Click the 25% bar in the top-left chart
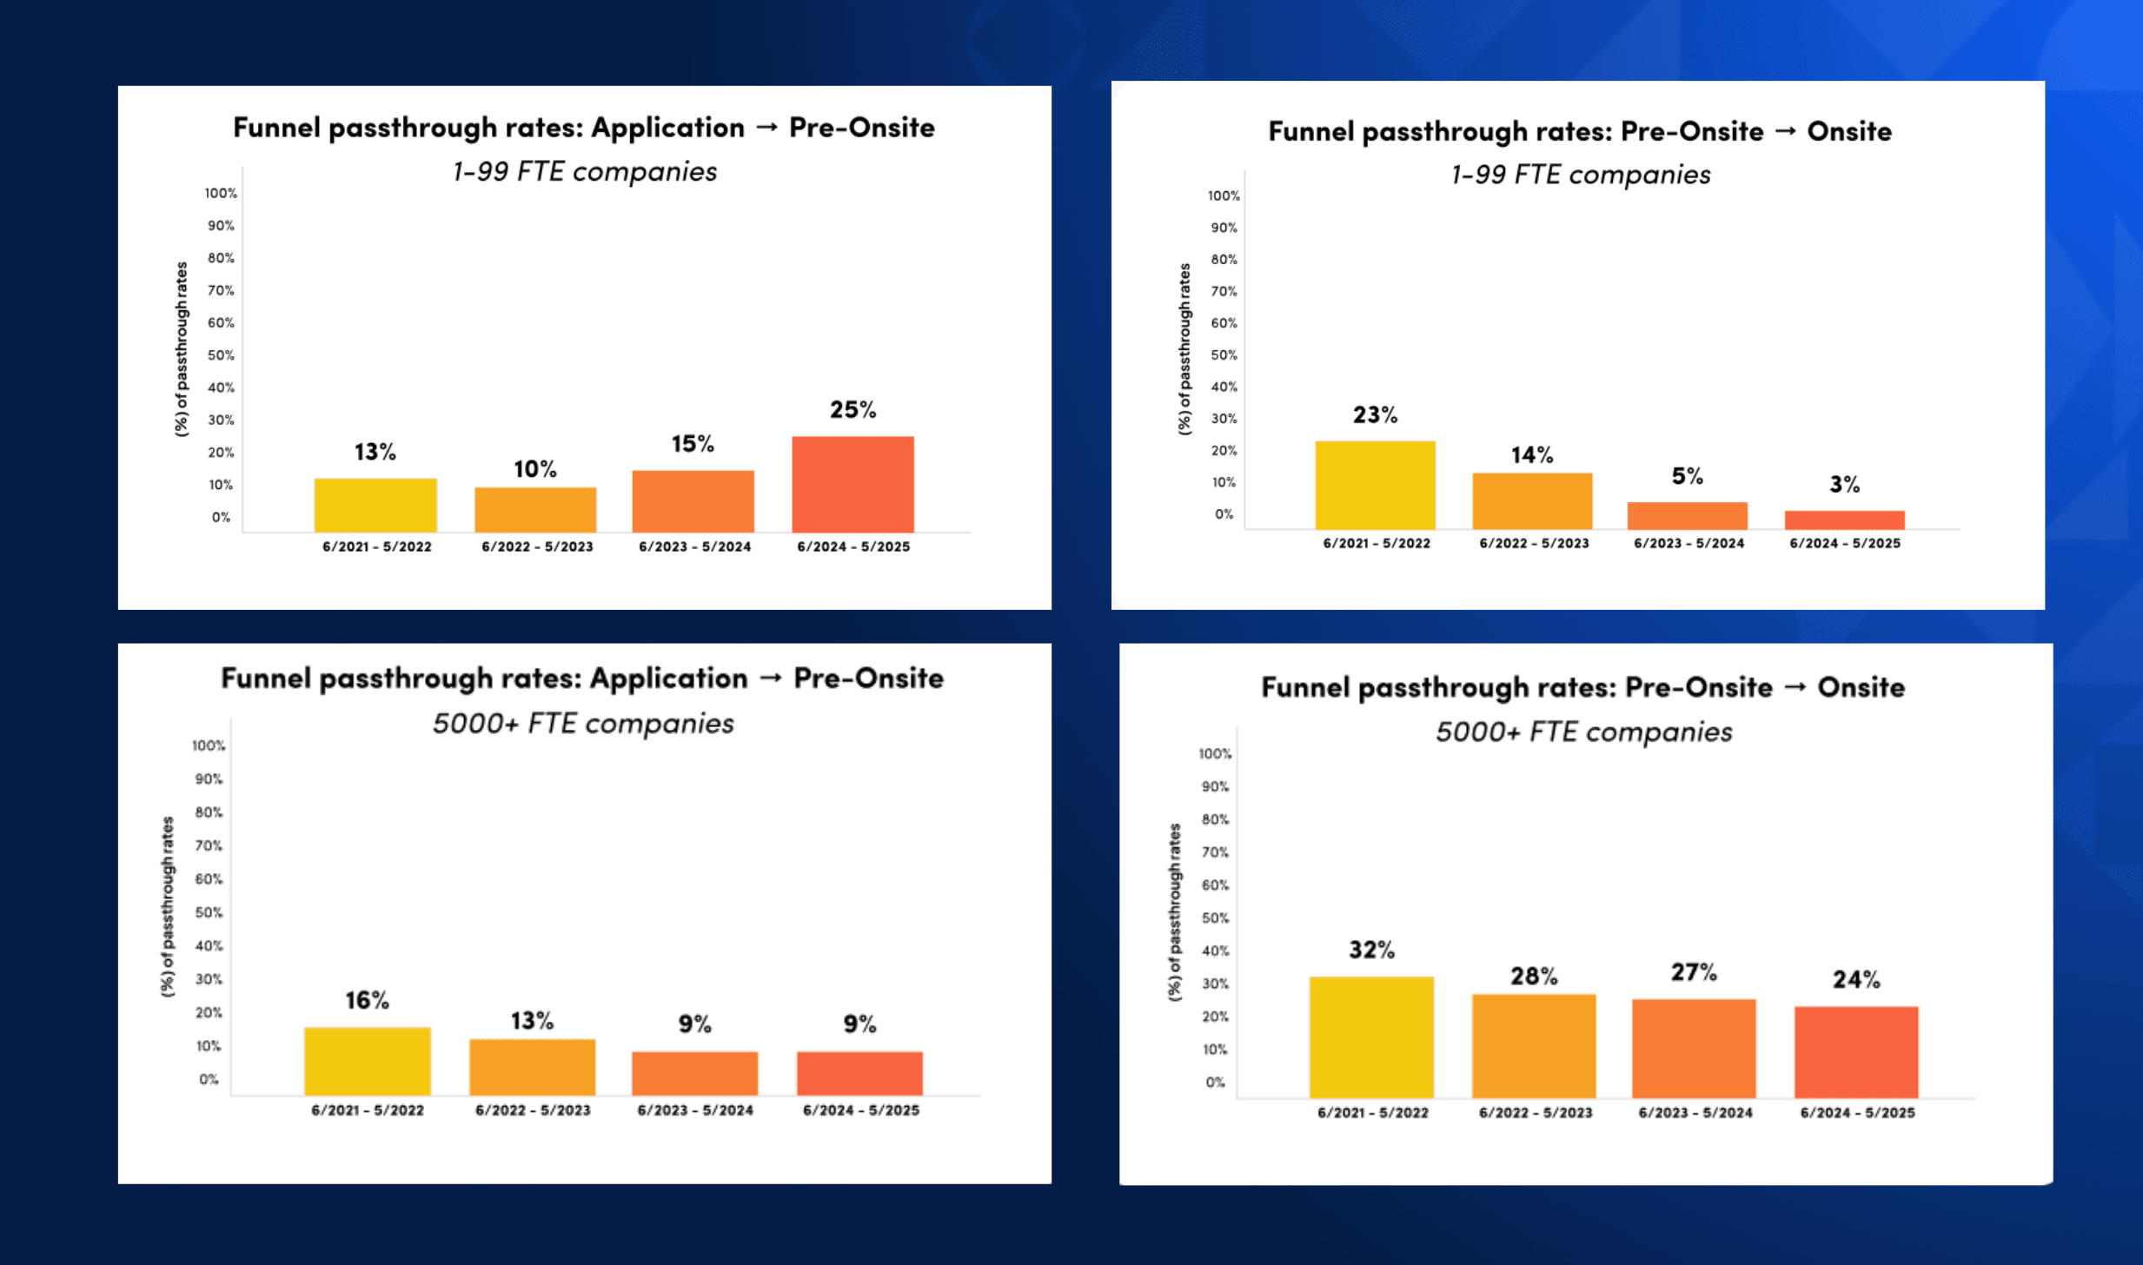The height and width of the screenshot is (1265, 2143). point(853,484)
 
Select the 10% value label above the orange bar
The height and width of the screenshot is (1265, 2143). point(534,469)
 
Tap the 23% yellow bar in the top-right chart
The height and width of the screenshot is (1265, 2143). point(1375,485)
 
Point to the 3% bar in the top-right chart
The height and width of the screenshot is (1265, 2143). point(1844,520)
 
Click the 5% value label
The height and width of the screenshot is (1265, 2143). point(1687,476)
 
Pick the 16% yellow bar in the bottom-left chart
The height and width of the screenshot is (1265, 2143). point(368,1061)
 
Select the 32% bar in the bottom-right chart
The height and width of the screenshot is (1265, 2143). point(1371,1037)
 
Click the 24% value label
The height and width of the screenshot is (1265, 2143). point(1856,980)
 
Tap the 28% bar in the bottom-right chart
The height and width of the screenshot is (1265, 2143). point(1534,1046)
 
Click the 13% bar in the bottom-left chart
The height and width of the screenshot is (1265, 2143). point(532,1067)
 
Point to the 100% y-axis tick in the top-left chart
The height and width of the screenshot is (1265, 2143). point(221,193)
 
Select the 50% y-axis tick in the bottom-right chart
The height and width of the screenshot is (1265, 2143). point(1215,918)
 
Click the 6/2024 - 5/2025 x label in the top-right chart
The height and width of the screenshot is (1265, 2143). point(1845,543)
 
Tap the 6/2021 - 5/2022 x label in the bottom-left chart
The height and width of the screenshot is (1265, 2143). point(368,1110)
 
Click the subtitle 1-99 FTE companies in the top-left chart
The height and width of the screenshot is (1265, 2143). point(584,171)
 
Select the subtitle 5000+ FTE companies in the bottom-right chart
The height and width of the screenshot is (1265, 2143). point(1583,732)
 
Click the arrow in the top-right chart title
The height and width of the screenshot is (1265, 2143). point(1785,131)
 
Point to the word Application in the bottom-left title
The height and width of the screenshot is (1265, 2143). point(668,678)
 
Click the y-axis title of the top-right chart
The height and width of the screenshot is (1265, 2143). point(1184,348)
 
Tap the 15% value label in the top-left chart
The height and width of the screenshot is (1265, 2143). point(693,444)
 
